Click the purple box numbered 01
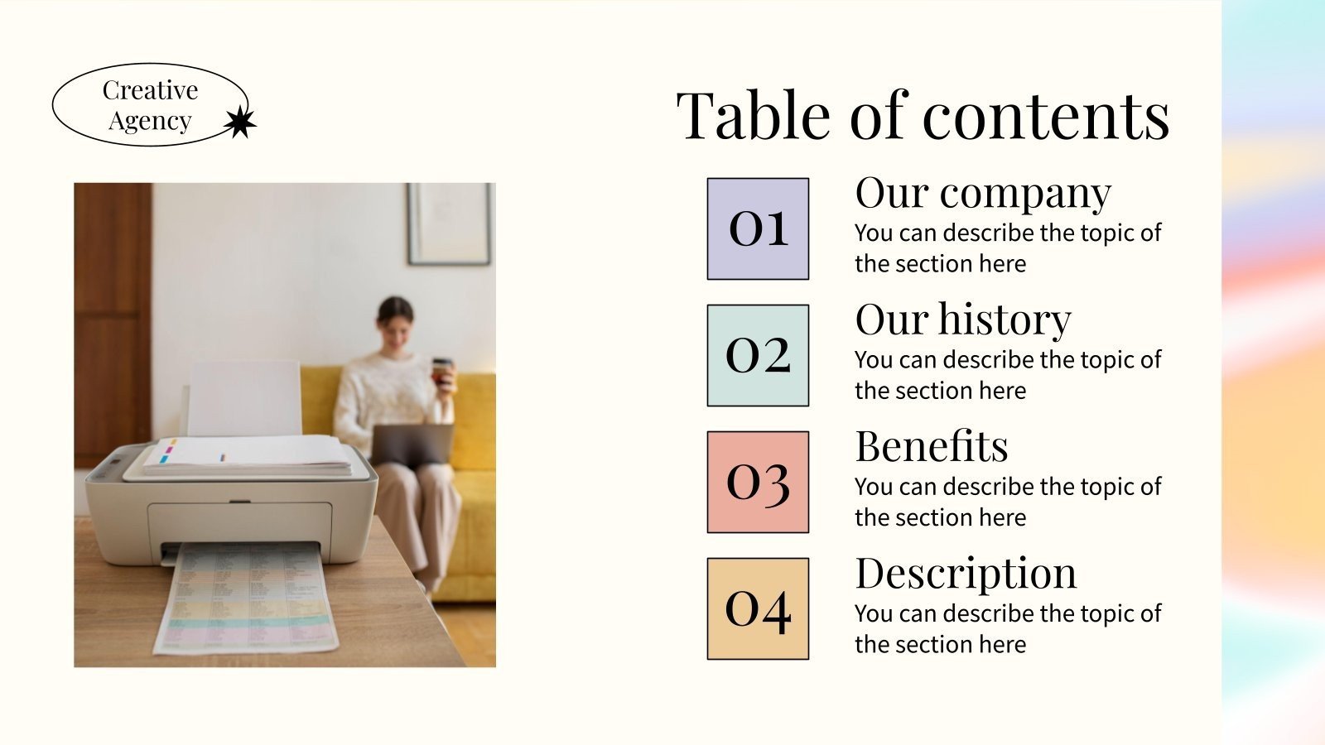point(758,228)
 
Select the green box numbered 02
point(758,355)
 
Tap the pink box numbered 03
point(758,482)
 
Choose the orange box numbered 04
point(758,608)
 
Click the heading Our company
point(983,194)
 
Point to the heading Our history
point(963,320)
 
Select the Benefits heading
point(932,447)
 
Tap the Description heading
point(966,574)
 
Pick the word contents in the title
point(1046,116)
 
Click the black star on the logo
point(240,123)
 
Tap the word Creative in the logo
point(150,90)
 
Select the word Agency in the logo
point(150,121)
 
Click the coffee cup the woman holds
point(442,370)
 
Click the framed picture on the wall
point(450,223)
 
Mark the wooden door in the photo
point(113,323)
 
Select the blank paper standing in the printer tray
point(243,398)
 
